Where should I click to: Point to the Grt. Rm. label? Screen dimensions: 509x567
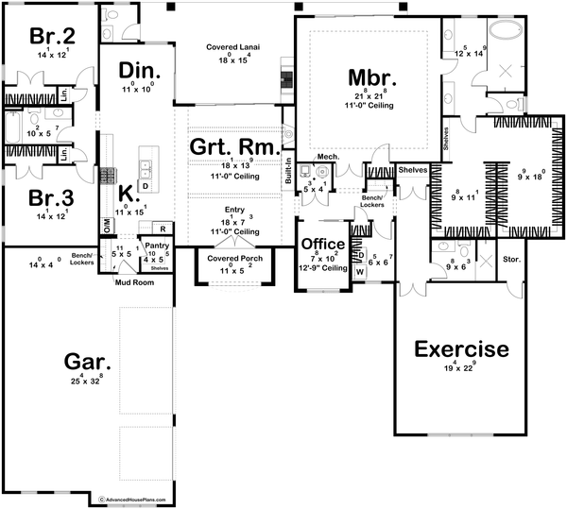tap(234, 148)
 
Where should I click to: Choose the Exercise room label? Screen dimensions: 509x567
tap(462, 349)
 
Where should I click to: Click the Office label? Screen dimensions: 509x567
tap(322, 245)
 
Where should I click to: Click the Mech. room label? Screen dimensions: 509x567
tap(328, 157)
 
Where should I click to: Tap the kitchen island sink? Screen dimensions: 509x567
tap(146, 168)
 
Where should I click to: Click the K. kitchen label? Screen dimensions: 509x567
tap(127, 200)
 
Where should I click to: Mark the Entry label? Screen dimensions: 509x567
tap(233, 210)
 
